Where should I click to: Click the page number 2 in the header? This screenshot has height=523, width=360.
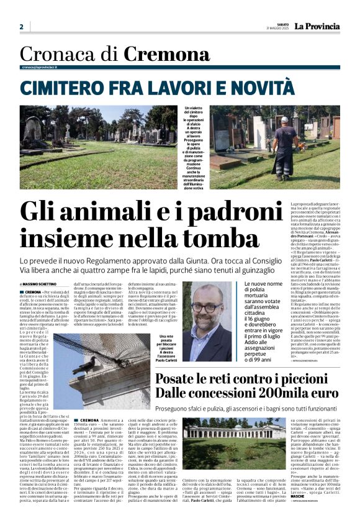pyautogui.click(x=22, y=27)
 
